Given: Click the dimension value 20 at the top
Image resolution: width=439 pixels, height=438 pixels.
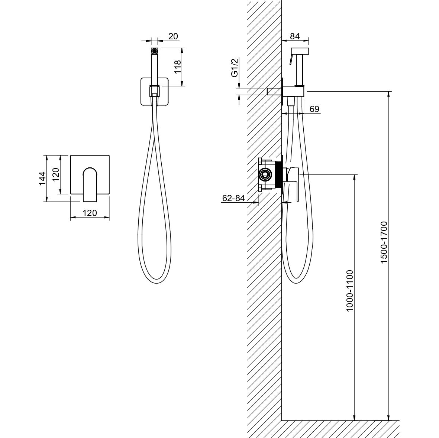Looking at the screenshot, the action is [173, 36].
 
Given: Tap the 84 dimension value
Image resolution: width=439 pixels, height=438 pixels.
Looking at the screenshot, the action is [295, 36].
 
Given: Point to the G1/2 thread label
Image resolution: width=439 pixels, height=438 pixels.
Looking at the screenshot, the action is [234, 67].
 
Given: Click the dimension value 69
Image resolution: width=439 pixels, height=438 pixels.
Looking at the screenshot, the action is [314, 109].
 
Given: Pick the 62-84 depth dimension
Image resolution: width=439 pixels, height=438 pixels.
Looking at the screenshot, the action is [233, 198].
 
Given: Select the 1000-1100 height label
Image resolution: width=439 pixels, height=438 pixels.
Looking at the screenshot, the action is [350, 291].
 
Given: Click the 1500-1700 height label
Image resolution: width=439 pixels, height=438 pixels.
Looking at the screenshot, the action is [384, 242].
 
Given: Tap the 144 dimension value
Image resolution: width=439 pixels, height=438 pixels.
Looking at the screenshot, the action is [42, 178].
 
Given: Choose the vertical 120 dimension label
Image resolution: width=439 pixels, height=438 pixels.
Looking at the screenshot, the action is [56, 174].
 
